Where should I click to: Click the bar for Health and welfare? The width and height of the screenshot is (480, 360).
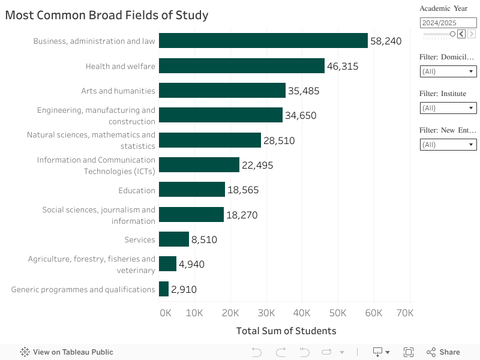241,66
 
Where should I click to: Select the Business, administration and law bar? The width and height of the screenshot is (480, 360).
263,41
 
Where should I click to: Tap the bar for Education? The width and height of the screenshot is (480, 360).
192,190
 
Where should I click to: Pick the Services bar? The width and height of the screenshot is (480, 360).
174,239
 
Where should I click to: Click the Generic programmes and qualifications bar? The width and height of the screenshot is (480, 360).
164,289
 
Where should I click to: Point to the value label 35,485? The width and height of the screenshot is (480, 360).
304,91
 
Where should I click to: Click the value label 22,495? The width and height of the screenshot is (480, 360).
257,166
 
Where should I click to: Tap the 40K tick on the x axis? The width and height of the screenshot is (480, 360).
302,313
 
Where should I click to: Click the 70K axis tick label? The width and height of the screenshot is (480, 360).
405,313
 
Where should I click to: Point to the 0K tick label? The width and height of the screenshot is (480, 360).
165,313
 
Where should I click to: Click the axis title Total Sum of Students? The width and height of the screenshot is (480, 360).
286,331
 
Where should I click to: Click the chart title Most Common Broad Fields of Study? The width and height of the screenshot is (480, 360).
107,15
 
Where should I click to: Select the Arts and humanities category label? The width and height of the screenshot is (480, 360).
118,91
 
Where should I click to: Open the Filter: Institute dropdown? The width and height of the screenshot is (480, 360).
448,108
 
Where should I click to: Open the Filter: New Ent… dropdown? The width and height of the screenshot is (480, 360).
448,145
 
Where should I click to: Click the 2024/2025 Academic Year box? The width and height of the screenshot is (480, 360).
448,23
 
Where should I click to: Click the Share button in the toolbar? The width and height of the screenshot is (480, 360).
443,352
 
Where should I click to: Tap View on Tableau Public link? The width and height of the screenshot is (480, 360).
67,352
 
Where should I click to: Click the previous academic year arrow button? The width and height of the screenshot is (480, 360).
461,34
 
